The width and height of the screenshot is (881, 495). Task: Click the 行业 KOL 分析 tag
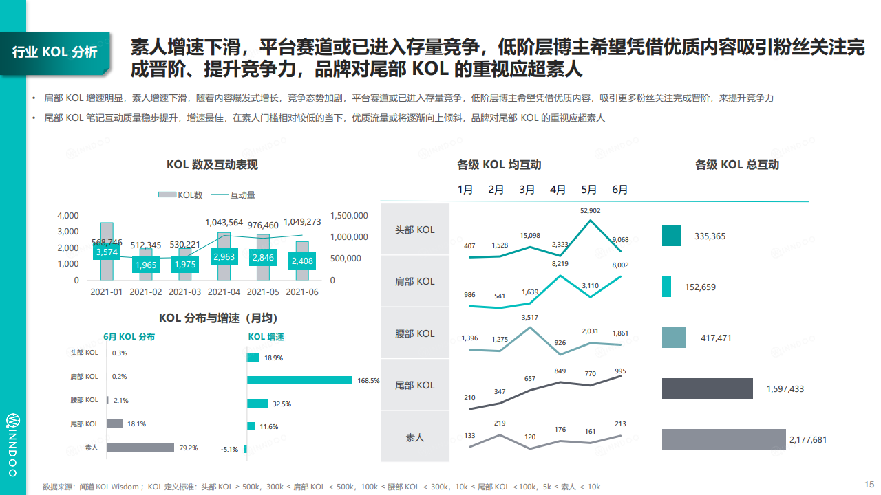click(x=55, y=52)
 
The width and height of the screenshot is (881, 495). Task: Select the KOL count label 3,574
click(x=107, y=252)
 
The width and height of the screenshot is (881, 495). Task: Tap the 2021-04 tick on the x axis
click(x=224, y=292)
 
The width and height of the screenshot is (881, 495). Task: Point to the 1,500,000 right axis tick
click(x=350, y=216)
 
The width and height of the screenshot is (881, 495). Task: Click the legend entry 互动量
click(x=242, y=195)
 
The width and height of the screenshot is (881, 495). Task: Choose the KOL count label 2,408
click(x=303, y=261)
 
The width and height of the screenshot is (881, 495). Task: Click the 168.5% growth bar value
click(x=368, y=380)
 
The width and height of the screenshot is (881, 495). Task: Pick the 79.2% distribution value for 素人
click(x=188, y=448)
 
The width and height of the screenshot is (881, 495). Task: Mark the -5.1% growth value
click(x=229, y=450)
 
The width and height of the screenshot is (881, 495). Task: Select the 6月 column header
click(x=619, y=190)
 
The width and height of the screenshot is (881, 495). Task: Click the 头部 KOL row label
click(x=415, y=230)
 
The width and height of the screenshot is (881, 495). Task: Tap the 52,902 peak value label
click(x=590, y=211)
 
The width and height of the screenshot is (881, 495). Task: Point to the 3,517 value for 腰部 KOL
click(x=529, y=317)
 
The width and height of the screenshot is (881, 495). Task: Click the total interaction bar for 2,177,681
click(x=723, y=439)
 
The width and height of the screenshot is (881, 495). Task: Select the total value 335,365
click(x=710, y=236)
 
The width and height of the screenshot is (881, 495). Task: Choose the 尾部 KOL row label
click(x=415, y=385)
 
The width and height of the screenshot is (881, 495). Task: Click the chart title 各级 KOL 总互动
click(x=737, y=165)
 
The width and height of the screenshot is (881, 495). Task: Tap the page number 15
click(x=869, y=483)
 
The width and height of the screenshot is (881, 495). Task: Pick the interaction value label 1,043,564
click(x=224, y=223)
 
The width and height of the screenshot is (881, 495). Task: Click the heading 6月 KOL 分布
click(x=129, y=337)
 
